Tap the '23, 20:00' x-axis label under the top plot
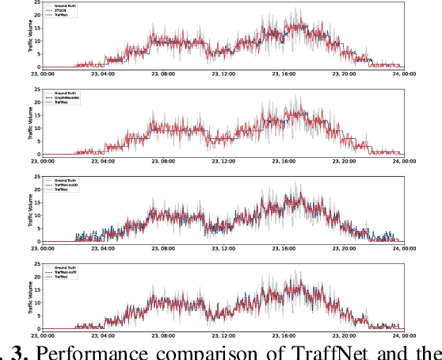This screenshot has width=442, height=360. click(x=345, y=74)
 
